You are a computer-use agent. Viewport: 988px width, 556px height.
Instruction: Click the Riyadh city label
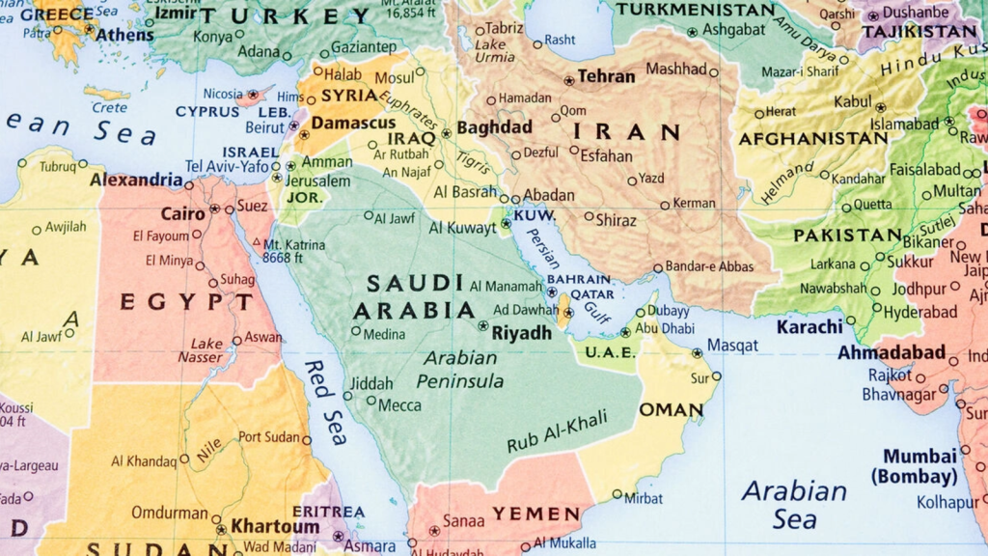pos(521,333)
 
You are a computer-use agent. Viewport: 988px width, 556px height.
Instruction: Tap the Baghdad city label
pos(494,127)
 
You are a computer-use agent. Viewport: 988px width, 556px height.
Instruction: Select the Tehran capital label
pos(607,76)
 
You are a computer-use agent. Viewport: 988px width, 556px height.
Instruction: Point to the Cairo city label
pos(182,213)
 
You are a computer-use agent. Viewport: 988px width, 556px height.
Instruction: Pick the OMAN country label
pos(672,409)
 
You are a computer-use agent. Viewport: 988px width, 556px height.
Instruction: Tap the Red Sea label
pos(326,402)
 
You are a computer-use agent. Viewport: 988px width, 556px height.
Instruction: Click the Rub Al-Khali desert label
pos(558,431)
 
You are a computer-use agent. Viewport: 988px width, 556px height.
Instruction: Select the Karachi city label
pos(810,326)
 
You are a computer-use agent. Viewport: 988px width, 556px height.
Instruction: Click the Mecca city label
pos(398,405)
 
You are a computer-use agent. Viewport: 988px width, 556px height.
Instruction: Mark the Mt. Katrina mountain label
pos(294,251)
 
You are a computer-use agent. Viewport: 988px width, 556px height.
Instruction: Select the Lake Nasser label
pos(206,350)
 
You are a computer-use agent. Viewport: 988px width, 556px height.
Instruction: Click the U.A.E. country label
pos(611,352)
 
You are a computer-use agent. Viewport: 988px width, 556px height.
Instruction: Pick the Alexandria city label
pos(136,180)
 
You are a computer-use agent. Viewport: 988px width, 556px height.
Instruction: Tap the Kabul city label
pos(852,101)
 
